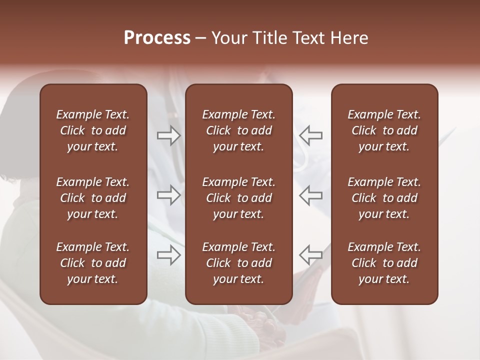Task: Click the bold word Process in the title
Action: coord(157,38)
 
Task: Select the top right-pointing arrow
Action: coord(168,135)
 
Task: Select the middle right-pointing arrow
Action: coord(168,195)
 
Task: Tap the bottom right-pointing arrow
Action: coord(168,255)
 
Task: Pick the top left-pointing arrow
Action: coord(310,135)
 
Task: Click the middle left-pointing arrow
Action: coord(310,195)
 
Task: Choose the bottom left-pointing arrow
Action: coord(310,255)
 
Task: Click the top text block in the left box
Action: coord(93,130)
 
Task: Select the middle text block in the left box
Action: coord(93,198)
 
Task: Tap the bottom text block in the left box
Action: coord(93,263)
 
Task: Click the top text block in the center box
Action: coord(238,130)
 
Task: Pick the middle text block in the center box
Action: coord(238,198)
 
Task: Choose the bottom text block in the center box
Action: coord(238,263)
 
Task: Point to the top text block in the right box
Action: coord(384,130)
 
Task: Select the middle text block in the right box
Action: coord(384,198)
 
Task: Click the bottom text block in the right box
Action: coord(384,263)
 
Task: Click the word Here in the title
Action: coord(349,38)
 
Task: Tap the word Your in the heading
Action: coord(228,38)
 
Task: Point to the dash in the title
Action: coord(200,38)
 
